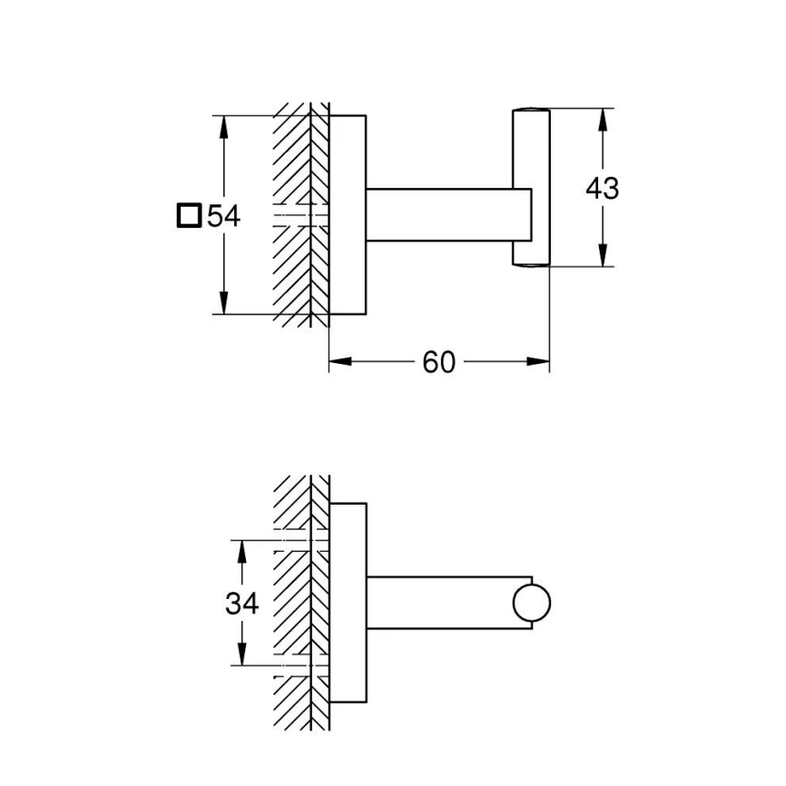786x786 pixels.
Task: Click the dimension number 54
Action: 224,217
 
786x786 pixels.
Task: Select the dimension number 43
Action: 603,189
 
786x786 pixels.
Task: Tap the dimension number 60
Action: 438,362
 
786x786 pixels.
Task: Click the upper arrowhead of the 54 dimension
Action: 223,127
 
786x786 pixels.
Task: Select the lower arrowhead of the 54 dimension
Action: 223,303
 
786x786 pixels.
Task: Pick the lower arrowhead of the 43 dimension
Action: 603,255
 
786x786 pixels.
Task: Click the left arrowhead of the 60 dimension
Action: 340,361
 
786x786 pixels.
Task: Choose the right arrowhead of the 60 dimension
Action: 538,361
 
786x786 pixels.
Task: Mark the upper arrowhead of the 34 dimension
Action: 241,552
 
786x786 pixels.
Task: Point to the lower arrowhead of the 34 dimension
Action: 241,654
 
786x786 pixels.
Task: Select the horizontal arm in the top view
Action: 448,215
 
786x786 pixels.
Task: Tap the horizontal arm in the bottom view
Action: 441,603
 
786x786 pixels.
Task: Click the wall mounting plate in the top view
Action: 348,215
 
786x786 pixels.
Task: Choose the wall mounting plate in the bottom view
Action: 348,603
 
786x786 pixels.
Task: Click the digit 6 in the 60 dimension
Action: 430,362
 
